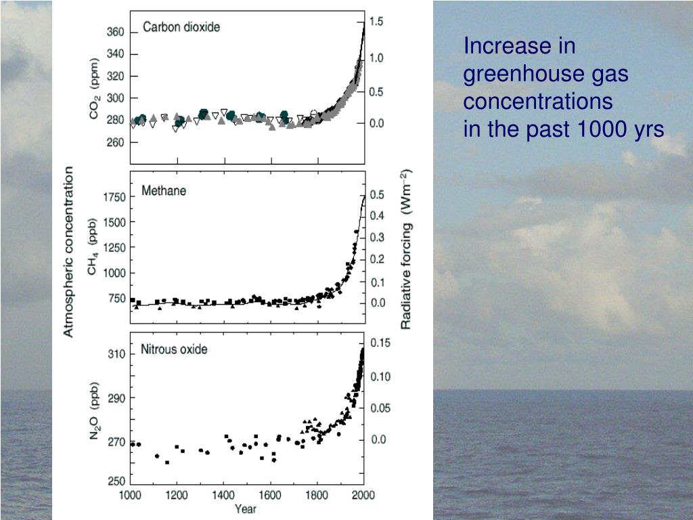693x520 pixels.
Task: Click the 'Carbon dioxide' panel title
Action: click(x=181, y=28)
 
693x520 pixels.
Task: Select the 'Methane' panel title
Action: click(x=164, y=191)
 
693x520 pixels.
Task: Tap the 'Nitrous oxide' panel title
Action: click(x=174, y=350)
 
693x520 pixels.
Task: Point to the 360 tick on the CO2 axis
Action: click(x=116, y=32)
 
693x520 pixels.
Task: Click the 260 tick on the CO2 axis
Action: click(x=116, y=143)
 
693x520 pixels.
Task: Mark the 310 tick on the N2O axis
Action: click(x=116, y=354)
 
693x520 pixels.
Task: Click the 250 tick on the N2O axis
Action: click(x=116, y=481)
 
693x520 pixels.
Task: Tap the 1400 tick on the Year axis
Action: click(x=224, y=495)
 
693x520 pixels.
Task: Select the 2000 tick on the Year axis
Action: click(x=363, y=495)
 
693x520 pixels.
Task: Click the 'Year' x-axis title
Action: click(x=245, y=509)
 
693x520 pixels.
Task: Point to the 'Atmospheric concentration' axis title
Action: click(x=69, y=252)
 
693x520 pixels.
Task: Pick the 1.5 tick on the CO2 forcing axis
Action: click(x=376, y=22)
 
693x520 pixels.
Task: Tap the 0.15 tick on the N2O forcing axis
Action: click(x=380, y=343)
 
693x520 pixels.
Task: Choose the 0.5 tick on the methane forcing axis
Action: click(x=377, y=195)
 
